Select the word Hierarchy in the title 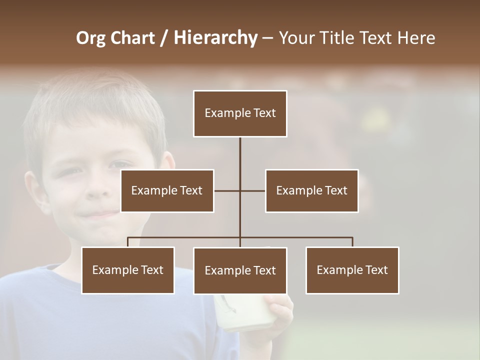click(215, 38)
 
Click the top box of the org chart click(240, 113)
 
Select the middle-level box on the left click(167, 190)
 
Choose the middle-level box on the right click(311, 190)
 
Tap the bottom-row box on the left click(128, 270)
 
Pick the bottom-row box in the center click(240, 270)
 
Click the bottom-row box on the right click(352, 270)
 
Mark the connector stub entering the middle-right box click(253, 190)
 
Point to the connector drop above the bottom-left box click(128, 242)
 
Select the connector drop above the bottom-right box click(352, 242)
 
